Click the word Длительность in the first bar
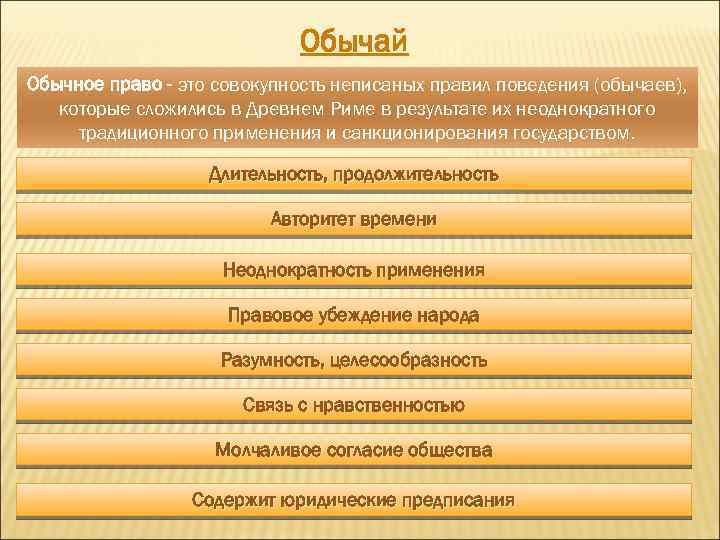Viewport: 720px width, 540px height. pos(261,175)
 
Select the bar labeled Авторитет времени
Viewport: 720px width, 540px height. pos(354,219)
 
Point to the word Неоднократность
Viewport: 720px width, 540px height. pos(297,269)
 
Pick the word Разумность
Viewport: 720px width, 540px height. pos(268,359)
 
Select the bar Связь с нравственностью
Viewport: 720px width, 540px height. pos(354,405)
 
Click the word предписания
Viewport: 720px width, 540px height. pos(459,498)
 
